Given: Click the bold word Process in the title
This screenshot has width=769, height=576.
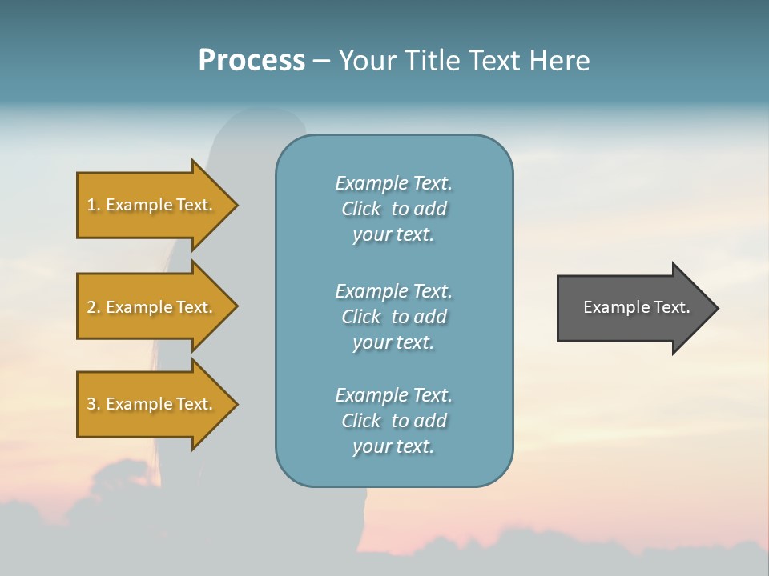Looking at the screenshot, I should [x=252, y=61].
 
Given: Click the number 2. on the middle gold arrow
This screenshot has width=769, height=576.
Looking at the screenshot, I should [x=94, y=307].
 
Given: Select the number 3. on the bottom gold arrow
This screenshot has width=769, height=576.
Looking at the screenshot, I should [x=94, y=404].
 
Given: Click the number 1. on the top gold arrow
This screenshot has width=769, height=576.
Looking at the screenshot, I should [x=93, y=205].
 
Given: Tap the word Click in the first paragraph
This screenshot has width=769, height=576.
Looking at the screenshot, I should [x=360, y=209].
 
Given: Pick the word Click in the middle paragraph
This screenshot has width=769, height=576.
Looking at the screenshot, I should [x=360, y=317].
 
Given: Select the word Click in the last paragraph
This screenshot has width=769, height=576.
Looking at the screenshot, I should [x=360, y=421].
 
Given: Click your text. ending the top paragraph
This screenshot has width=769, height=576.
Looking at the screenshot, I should [x=393, y=234].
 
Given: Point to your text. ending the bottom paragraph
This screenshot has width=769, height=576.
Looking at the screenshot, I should [x=393, y=446].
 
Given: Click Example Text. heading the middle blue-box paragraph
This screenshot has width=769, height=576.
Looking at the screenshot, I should [x=393, y=291].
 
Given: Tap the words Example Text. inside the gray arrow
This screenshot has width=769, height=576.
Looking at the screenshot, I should [x=636, y=307].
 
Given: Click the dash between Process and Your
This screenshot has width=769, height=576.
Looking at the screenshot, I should [x=321, y=62].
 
